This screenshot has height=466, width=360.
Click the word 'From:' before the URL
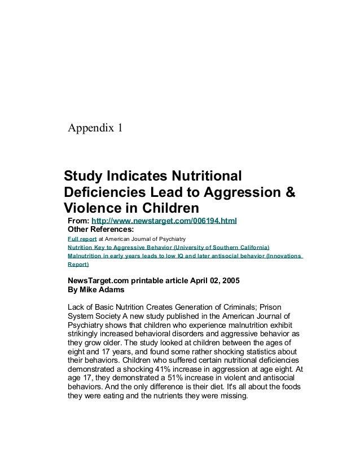tap(78, 220)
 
